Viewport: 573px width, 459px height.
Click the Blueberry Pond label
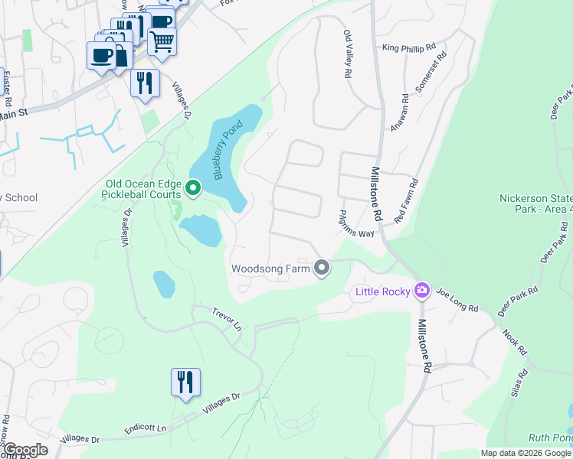[228, 151]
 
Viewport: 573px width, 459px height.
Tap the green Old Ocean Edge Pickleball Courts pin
[194, 187]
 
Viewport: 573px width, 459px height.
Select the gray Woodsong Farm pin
[322, 268]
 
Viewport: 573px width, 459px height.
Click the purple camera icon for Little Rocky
[421, 291]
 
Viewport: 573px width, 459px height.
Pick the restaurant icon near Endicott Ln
[185, 381]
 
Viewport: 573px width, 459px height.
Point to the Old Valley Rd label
[348, 53]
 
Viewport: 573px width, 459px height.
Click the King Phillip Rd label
[408, 47]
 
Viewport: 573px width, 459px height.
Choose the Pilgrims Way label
[357, 223]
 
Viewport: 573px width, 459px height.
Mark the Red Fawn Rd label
[407, 201]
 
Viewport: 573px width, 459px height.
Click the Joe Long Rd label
[457, 299]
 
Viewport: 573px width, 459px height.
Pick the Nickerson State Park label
[535, 203]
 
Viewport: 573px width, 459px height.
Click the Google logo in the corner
[25, 450]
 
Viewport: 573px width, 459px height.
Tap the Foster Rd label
[6, 88]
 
